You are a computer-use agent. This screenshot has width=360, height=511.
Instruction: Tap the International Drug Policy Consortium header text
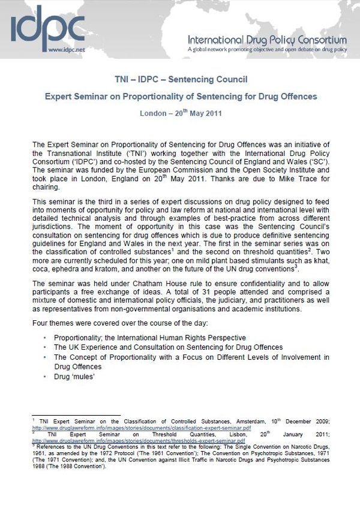click(267, 40)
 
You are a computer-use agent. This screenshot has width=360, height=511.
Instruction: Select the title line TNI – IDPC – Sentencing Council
click(181, 79)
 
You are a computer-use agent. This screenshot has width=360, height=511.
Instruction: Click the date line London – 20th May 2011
click(181, 113)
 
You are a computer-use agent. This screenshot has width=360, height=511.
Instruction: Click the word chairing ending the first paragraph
click(44, 187)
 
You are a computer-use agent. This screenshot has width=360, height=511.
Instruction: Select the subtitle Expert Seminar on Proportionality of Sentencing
click(181, 96)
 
